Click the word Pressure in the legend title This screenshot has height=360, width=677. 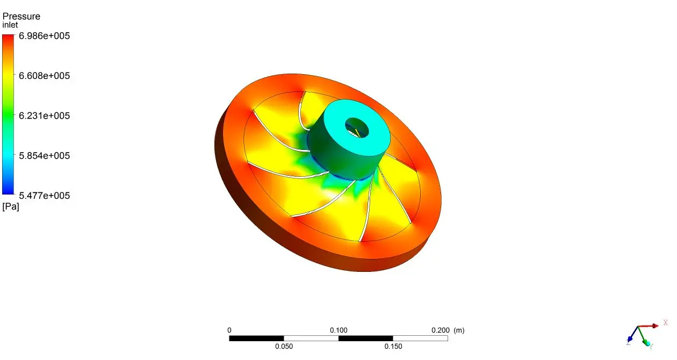(x=21, y=16)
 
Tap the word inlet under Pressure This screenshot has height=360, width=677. (x=10, y=25)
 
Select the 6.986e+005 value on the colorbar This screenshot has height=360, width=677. (x=45, y=36)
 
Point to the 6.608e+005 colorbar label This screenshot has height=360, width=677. (x=45, y=76)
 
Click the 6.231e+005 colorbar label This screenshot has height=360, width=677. (x=45, y=116)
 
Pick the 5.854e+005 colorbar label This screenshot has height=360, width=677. (x=45, y=156)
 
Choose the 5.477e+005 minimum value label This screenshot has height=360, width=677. (x=45, y=196)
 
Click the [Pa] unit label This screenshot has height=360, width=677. (x=11, y=207)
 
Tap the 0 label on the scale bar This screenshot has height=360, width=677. (x=229, y=330)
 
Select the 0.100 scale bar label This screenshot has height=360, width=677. (x=338, y=330)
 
